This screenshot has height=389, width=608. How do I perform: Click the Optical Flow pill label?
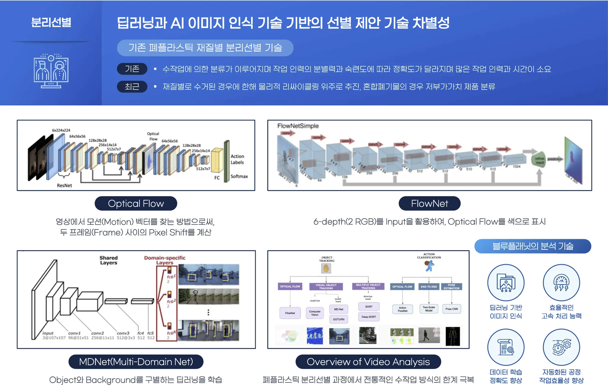(x=136, y=204)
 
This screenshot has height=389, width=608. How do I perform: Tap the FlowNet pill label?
(x=429, y=204)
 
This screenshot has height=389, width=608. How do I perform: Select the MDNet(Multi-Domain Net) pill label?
(x=136, y=362)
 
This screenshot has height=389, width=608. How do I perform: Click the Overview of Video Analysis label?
(x=368, y=362)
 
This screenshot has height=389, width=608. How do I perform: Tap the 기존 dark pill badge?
(x=132, y=69)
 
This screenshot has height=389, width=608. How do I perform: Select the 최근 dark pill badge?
(x=132, y=87)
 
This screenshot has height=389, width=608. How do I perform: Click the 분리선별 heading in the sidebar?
(x=51, y=22)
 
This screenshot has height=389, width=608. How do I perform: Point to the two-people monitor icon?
(x=51, y=71)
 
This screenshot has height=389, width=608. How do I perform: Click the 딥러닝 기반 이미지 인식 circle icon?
(x=506, y=282)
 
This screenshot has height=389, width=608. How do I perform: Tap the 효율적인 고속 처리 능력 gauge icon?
(x=561, y=282)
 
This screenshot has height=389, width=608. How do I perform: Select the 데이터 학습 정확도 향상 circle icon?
(x=506, y=347)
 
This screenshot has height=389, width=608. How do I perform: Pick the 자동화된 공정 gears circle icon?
(x=561, y=347)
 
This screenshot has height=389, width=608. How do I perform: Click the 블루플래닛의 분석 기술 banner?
(x=533, y=246)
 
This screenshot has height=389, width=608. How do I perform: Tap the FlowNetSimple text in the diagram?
(x=298, y=126)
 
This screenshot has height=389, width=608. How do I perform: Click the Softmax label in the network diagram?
(x=239, y=176)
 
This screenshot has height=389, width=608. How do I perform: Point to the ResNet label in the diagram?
(x=64, y=185)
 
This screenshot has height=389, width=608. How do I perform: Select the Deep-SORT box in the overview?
(x=369, y=317)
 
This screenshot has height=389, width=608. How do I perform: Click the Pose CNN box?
(x=452, y=309)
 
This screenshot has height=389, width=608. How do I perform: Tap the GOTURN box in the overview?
(x=339, y=319)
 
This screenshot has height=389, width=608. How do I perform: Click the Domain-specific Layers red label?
(x=165, y=260)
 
